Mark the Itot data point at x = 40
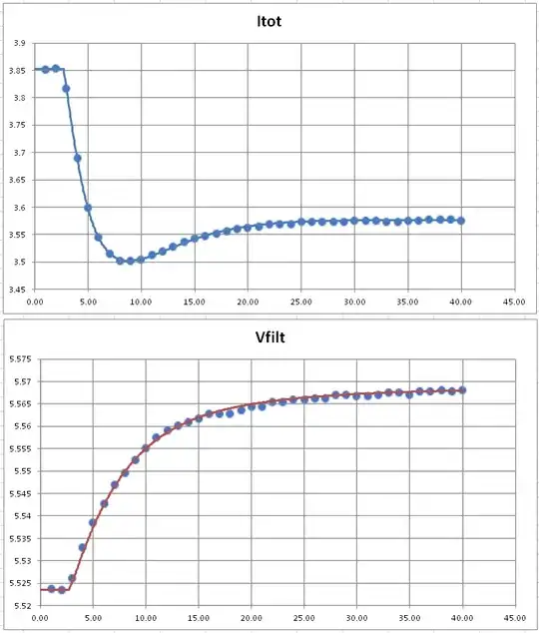(460, 221)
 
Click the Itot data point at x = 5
(88, 208)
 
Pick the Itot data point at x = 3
(66, 88)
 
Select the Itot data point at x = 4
(77, 158)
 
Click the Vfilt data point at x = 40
(462, 390)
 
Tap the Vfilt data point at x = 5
(93, 522)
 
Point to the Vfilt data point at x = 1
(51, 589)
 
